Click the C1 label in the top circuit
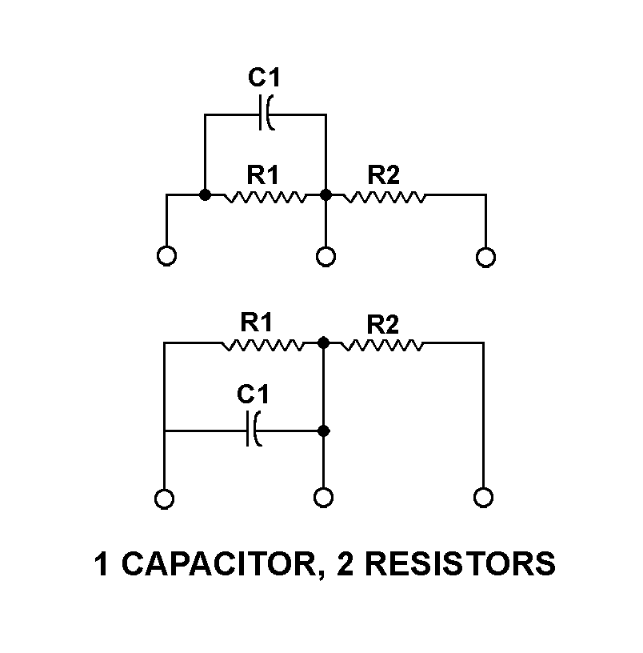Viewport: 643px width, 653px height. [264, 78]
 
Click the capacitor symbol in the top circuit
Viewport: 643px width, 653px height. [266, 113]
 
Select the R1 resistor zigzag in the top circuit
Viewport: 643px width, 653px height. [265, 197]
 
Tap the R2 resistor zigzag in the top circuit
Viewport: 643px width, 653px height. [384, 197]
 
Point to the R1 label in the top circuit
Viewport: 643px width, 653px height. [262, 175]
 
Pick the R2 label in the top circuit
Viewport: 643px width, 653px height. [383, 175]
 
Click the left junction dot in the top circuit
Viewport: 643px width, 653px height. [205, 194]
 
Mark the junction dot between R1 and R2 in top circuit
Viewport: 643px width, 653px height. [325, 194]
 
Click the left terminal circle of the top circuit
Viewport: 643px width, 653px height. [166, 256]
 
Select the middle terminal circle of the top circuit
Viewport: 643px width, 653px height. [325, 257]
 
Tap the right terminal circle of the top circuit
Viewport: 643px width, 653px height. [485, 257]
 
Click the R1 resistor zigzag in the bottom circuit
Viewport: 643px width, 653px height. [262, 345]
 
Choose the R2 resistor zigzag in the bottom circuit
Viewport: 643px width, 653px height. [381, 345]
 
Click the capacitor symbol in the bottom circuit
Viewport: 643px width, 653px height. [254, 429]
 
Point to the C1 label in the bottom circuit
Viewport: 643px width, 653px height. [253, 394]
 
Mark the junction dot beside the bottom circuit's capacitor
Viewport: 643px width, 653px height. [323, 431]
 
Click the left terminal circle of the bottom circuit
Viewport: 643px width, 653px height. [165, 499]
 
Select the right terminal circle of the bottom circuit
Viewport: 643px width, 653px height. [484, 497]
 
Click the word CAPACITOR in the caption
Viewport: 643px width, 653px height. [219, 564]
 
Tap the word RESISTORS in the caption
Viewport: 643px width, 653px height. [460, 564]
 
